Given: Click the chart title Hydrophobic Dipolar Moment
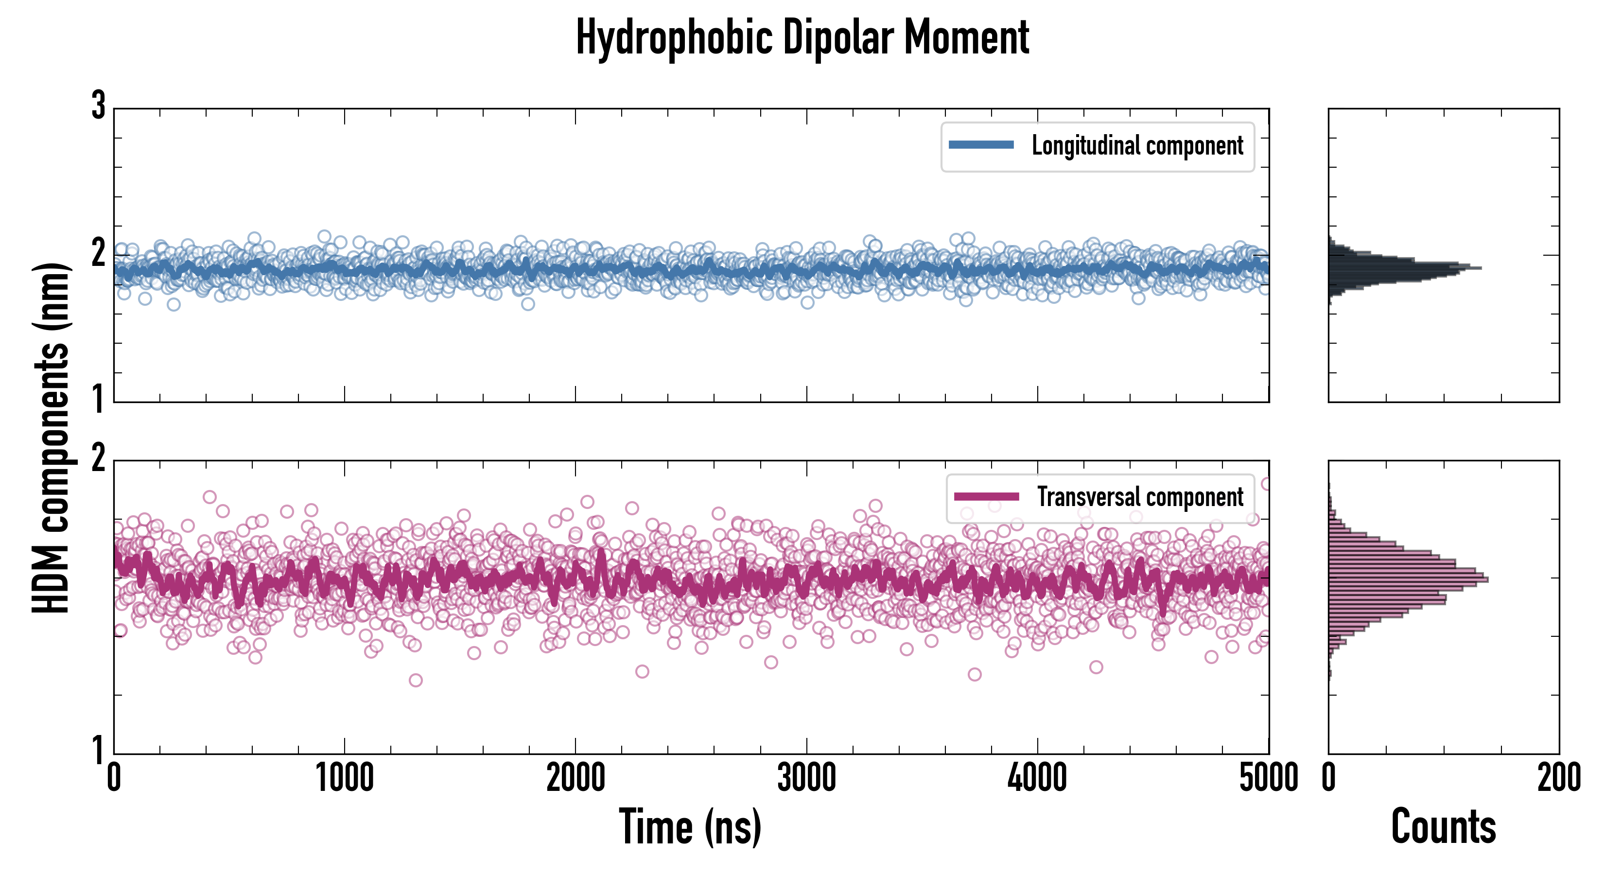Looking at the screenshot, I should (x=802, y=38).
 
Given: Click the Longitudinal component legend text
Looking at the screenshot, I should (x=1137, y=146).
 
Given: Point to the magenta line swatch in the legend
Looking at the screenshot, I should (x=986, y=496).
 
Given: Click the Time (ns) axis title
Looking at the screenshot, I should (x=690, y=826).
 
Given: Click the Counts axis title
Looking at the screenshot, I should (x=1443, y=826).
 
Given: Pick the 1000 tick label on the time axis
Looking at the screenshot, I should (x=344, y=778).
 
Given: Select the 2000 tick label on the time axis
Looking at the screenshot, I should (x=575, y=778).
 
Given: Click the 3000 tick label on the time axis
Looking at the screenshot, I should (x=806, y=778).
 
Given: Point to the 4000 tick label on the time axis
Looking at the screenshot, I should (x=1037, y=778).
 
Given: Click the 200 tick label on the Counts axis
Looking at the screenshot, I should (x=1558, y=778).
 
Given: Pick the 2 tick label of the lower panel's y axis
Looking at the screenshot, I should (x=98, y=459).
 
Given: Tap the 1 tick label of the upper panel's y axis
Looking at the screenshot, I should (x=98, y=399).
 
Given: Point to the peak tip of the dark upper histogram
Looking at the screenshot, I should (x=1480, y=268).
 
